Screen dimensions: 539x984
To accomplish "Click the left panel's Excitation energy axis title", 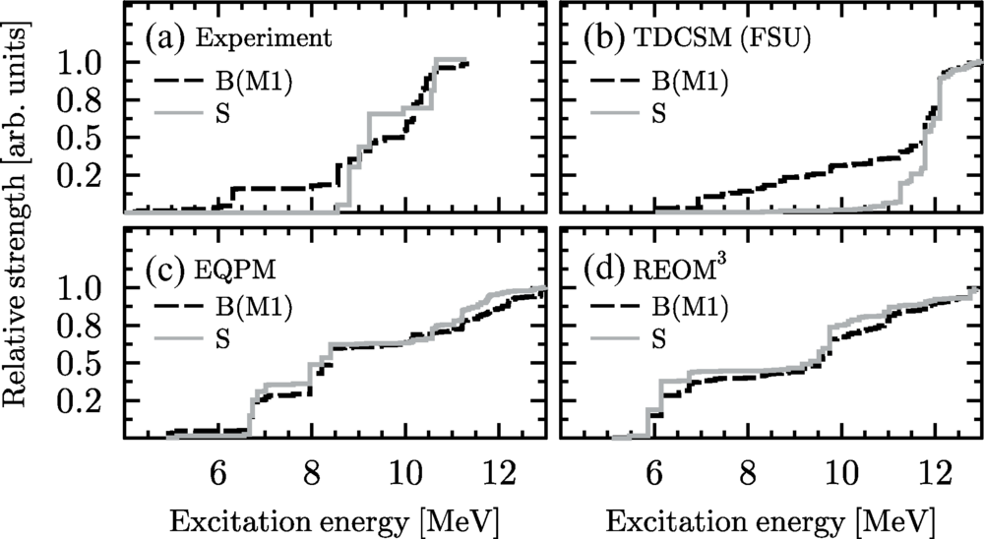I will tap(333, 516).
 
